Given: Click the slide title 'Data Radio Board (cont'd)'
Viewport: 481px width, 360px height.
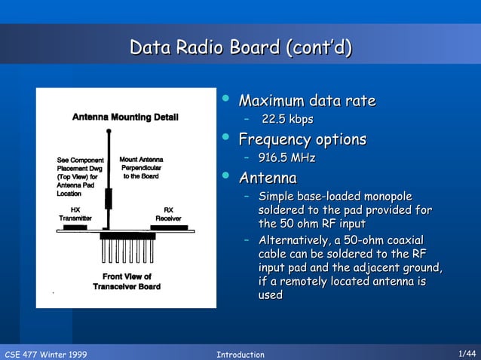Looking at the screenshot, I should (240, 48).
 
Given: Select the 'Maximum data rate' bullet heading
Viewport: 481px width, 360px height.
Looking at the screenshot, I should (306, 101).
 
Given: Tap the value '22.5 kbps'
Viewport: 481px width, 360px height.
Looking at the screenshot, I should (287, 120).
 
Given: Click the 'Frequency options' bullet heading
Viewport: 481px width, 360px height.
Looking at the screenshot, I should (302, 139).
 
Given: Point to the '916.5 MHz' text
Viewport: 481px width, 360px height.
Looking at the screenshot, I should (286, 158).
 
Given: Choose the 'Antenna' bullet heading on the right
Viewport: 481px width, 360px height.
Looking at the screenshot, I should (267, 178).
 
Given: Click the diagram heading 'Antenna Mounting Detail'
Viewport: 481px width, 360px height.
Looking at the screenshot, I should (125, 117).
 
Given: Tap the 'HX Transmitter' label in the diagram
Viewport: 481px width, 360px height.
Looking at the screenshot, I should (75, 213).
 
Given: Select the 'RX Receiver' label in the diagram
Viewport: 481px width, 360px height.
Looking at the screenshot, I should (168, 213).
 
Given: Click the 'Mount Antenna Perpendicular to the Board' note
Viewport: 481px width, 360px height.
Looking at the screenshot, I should (141, 168).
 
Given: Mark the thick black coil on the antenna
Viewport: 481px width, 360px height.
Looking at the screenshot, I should (108, 198).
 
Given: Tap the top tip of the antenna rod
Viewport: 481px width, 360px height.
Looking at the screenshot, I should (108, 132).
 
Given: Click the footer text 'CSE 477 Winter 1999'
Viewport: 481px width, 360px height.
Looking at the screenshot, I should (45, 354).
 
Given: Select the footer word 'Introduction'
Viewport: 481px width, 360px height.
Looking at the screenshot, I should (240, 354).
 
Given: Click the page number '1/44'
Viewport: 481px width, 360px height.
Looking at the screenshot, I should (467, 353).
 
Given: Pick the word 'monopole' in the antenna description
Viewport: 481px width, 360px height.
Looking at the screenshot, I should (385, 197).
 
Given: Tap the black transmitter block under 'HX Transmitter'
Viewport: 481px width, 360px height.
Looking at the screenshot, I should (75, 226).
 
